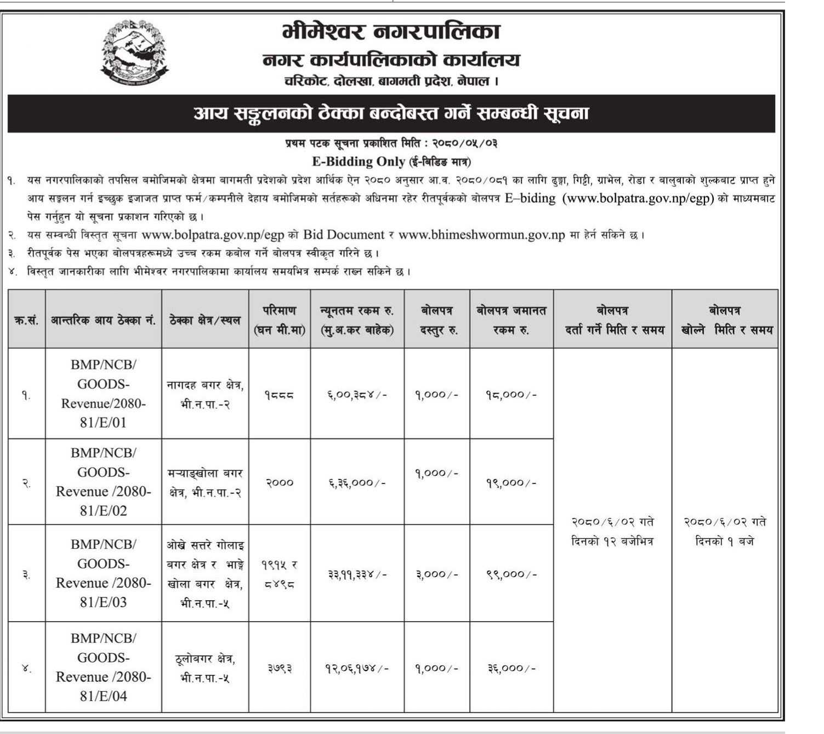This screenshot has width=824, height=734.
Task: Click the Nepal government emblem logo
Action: tap(135, 53)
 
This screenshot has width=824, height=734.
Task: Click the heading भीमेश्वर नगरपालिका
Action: tap(391, 32)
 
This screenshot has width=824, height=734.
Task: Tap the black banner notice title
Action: tap(391, 113)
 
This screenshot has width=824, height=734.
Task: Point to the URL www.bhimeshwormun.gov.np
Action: tap(481, 235)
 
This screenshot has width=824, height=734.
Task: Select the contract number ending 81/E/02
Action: tap(103, 482)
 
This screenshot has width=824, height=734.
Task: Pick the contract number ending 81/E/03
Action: tap(103, 573)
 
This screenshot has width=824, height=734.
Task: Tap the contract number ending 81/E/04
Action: tap(103, 667)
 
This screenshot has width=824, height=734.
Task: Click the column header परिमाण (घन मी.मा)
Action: tap(280, 320)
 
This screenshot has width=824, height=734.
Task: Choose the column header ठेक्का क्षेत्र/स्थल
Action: tap(205, 320)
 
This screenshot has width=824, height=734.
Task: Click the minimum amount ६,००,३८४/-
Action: tap(357, 395)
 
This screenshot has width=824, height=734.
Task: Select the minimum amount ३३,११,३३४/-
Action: tap(357, 574)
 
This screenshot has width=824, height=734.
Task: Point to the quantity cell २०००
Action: tap(280, 483)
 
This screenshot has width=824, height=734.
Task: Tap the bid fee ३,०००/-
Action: tap(436, 574)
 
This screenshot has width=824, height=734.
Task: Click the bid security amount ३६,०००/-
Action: tap(511, 668)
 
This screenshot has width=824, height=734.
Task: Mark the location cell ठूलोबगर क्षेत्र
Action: tap(205, 658)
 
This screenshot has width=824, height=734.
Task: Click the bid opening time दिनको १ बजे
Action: tap(724, 542)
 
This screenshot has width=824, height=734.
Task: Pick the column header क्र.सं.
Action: tap(26, 320)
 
